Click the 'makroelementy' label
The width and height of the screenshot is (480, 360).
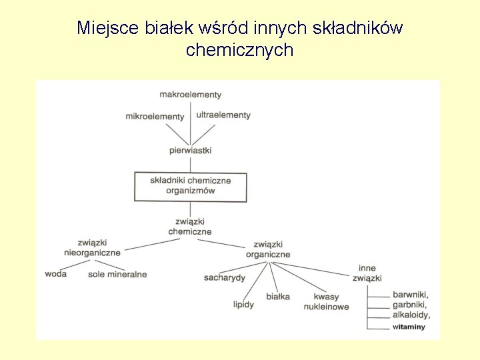pyautogui.click(x=190, y=95)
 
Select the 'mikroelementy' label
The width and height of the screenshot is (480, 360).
pyautogui.click(x=155, y=117)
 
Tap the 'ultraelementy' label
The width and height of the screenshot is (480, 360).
pyautogui.click(x=223, y=115)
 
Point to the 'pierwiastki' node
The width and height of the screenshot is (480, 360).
pyautogui.click(x=190, y=151)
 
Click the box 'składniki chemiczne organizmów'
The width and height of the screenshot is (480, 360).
pyautogui.click(x=191, y=186)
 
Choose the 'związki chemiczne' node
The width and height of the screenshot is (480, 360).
pyautogui.click(x=190, y=227)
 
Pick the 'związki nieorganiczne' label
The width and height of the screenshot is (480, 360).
pyautogui.click(x=92, y=248)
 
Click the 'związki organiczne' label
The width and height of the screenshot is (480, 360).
pyautogui.click(x=268, y=249)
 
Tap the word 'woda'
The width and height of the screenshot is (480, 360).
pyautogui.click(x=56, y=274)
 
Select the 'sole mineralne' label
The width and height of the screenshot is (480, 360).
pyautogui.click(x=117, y=274)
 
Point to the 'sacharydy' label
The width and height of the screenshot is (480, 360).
pyautogui.click(x=225, y=277)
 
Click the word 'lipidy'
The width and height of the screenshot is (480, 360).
pyautogui.click(x=243, y=305)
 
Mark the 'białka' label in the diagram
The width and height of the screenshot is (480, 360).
pyautogui.click(x=278, y=297)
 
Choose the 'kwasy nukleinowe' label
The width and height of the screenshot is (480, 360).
pyautogui.click(x=326, y=302)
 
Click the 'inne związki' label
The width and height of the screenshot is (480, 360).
pyautogui.click(x=367, y=273)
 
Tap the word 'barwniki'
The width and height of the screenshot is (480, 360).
pyautogui.click(x=411, y=295)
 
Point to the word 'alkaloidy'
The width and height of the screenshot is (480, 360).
pyautogui.click(x=411, y=315)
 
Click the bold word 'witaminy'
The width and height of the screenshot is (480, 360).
pyautogui.click(x=409, y=327)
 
